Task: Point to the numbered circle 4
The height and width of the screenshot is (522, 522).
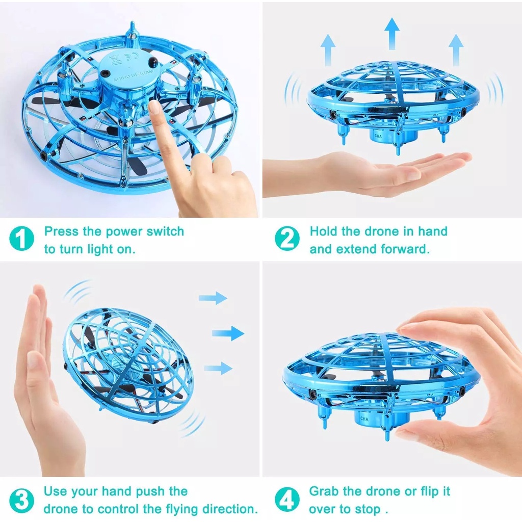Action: click(287, 500)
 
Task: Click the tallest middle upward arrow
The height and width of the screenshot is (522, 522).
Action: click(391, 33)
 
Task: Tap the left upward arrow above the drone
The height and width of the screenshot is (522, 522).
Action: click(328, 50)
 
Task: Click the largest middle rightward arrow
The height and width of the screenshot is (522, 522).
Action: click(228, 333)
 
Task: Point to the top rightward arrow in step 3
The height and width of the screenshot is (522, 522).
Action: click(213, 298)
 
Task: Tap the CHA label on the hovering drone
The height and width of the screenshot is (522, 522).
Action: click(378, 136)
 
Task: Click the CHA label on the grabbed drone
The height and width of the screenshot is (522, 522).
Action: click(364, 419)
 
